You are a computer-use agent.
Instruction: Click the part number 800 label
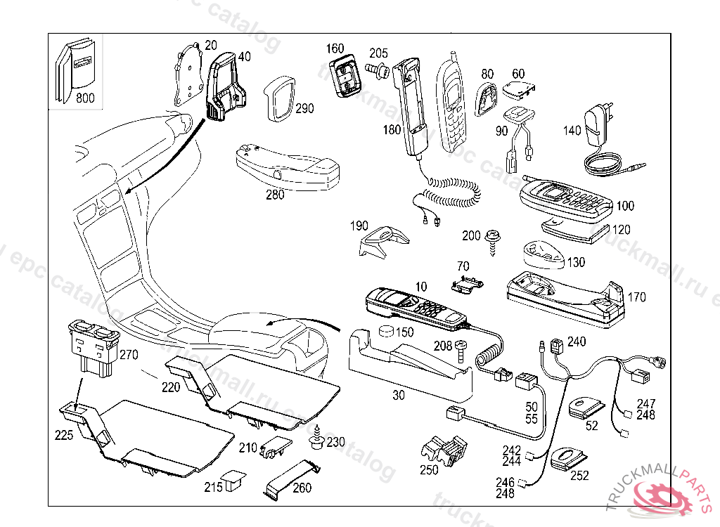coord(84,98)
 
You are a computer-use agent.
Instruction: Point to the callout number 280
coord(275,195)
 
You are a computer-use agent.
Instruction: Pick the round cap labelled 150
coord(385,332)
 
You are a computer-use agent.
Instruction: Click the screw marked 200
coord(495,240)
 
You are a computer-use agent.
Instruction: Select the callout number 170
coord(636,297)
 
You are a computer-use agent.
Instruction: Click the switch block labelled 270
coord(93,342)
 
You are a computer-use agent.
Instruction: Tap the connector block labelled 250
coord(444,452)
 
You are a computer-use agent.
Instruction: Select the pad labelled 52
coord(586,408)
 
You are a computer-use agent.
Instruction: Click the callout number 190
coord(359,226)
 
